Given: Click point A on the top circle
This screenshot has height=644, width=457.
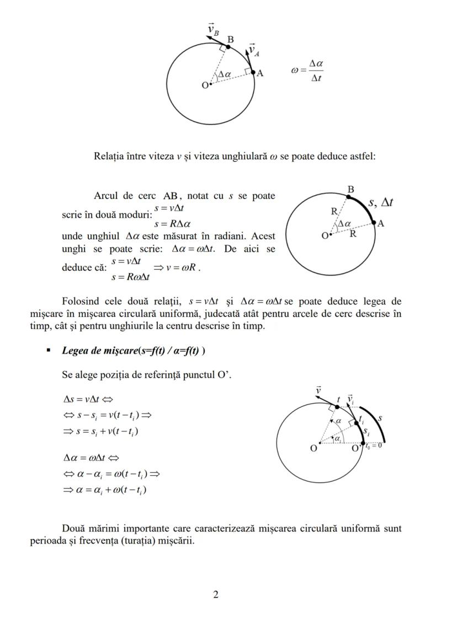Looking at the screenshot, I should [253, 72].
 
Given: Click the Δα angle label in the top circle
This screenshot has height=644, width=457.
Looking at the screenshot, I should [225, 74].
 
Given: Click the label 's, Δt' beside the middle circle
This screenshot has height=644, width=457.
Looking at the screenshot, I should [381, 202].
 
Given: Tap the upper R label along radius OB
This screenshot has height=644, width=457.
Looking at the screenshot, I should [334, 212].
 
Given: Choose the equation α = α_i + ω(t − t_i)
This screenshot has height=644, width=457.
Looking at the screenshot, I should [105, 490].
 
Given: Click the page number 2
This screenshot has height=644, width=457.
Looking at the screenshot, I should [216, 594].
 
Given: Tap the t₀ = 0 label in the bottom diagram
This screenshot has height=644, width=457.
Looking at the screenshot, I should [374, 446].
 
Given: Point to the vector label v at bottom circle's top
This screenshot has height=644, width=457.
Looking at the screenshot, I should [318, 390].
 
